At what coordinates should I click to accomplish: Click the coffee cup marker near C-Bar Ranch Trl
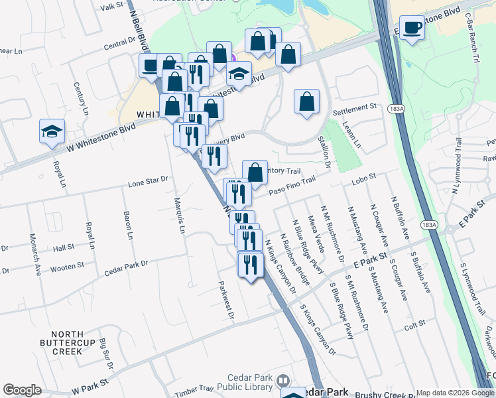(412, 28)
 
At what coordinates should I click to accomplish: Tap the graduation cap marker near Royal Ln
(51, 131)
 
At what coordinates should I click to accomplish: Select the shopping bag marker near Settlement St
(306, 101)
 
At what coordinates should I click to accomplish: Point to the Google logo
(22, 390)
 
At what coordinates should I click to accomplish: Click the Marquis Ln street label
(178, 216)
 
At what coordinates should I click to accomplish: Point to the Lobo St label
(363, 177)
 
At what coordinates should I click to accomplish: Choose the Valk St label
(111, 5)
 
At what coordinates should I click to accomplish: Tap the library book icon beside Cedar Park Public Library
(283, 380)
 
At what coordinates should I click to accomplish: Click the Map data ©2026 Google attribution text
(454, 393)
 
